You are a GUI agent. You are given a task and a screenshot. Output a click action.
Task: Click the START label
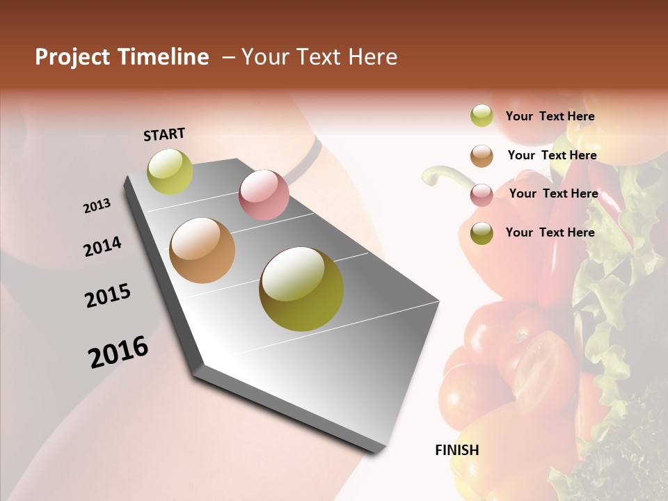[164, 134]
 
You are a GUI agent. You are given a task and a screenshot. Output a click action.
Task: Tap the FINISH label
[456, 450]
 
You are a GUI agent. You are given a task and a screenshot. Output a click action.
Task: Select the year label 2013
[97, 206]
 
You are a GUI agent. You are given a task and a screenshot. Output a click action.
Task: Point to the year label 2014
[102, 247]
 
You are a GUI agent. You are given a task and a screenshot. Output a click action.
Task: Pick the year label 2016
[118, 352]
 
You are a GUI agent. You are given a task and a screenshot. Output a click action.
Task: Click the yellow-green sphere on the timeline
[170, 171]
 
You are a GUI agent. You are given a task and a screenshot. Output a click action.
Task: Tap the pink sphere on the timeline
[264, 194]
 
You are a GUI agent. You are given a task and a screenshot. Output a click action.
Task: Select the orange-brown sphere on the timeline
[202, 250]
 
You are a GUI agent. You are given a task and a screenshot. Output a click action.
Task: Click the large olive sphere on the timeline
[301, 289]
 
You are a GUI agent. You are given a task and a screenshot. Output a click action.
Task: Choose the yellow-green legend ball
[482, 116]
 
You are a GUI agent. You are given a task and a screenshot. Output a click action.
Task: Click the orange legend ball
[482, 156]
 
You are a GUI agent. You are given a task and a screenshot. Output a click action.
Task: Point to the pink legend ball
[482, 195]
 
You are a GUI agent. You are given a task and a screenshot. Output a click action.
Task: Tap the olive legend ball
[482, 233]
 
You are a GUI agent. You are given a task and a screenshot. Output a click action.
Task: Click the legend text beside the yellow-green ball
[550, 117]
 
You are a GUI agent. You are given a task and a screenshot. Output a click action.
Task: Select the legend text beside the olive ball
[550, 232]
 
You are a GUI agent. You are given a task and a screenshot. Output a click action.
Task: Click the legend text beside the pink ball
[553, 193]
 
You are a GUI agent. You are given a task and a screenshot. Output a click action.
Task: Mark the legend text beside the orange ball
[552, 155]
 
